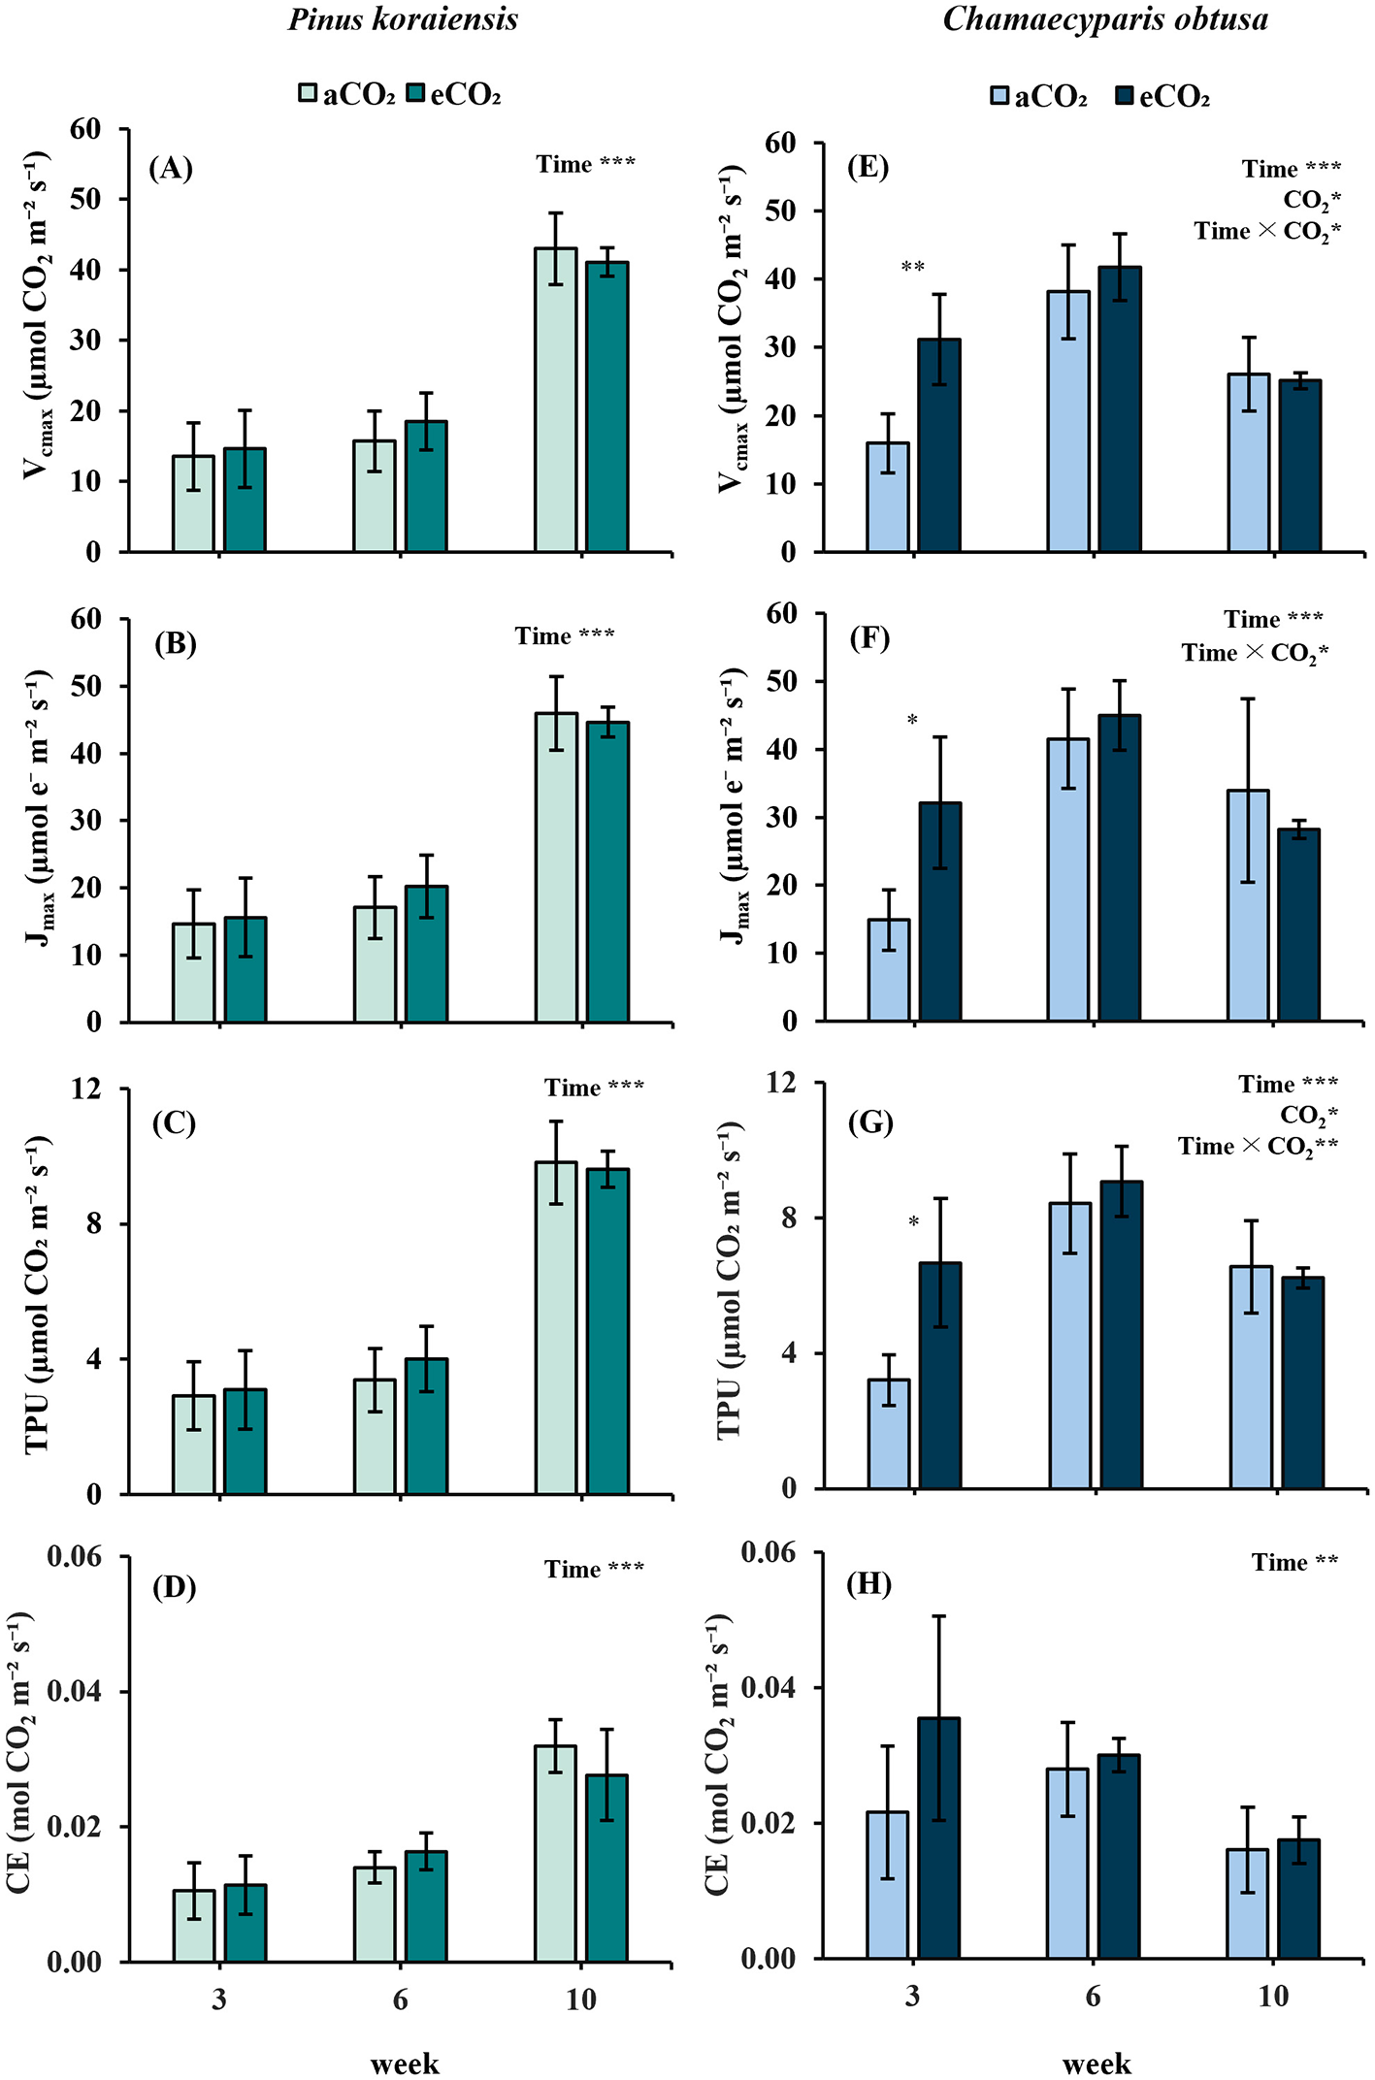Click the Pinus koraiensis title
click(403, 19)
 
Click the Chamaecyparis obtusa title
click(1105, 19)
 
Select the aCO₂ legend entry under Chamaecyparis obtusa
click(1038, 97)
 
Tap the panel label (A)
click(171, 169)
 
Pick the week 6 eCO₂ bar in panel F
click(1120, 868)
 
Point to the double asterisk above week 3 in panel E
click(913, 267)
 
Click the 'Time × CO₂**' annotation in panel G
click(1258, 1147)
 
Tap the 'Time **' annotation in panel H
click(1294, 1563)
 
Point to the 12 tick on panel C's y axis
click(86, 1089)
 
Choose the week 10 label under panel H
click(1273, 1996)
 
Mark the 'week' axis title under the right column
click(1097, 2064)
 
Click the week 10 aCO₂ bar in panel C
click(556, 1328)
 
